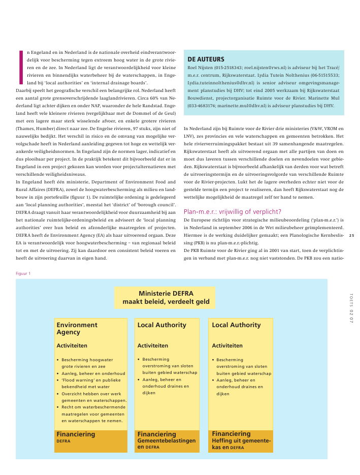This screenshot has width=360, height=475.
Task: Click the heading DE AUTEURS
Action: coord(206,59)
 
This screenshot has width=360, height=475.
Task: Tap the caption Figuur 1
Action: coord(23,273)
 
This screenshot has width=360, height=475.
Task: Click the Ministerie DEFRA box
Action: coord(165,298)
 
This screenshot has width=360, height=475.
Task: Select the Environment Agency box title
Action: coord(77,328)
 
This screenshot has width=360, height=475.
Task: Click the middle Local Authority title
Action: coord(162,325)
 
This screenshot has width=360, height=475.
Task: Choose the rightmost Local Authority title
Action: coord(236,325)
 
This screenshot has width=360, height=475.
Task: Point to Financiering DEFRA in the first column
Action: coord(76,437)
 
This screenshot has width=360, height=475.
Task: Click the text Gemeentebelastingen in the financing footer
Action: coord(167,441)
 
